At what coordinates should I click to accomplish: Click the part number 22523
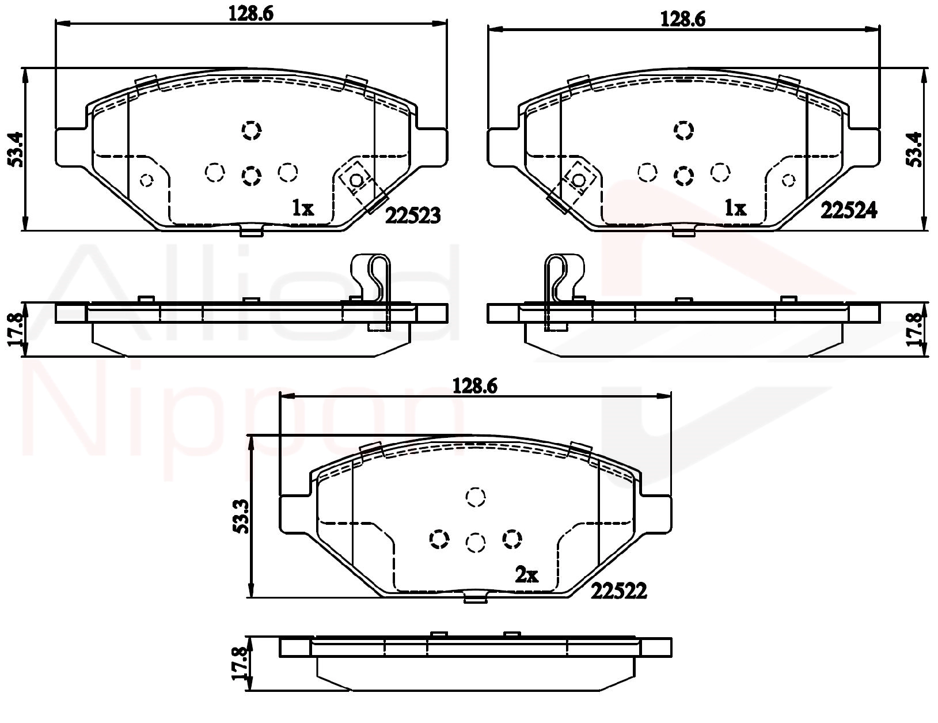[x=413, y=215]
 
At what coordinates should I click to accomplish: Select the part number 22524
[x=849, y=210]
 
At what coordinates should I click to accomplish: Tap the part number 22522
[x=618, y=591]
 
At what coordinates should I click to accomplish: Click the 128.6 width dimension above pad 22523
[x=251, y=14]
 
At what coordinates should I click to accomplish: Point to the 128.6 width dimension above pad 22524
[x=683, y=20]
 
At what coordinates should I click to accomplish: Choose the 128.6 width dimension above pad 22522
[x=475, y=385]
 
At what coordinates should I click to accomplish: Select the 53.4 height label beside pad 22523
[x=16, y=149]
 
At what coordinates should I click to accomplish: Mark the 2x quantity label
[x=527, y=575]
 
